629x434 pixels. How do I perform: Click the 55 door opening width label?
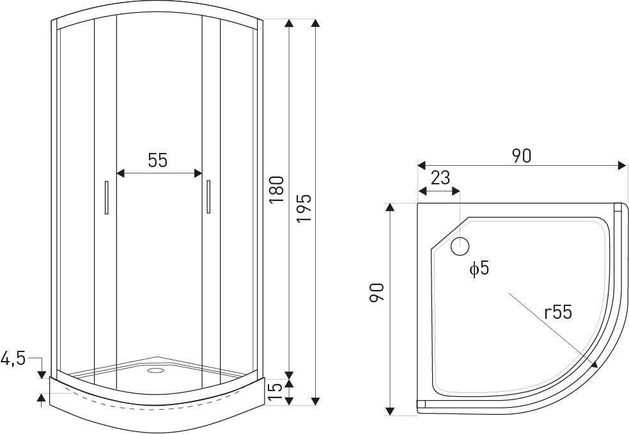[x=157, y=160]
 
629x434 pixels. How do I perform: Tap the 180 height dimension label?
[x=277, y=189]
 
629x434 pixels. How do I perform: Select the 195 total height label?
[x=304, y=208]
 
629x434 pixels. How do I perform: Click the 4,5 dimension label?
[x=13, y=358]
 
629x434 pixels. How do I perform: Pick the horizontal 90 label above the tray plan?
[x=522, y=156]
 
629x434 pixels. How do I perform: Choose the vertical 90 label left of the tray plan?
[x=378, y=293]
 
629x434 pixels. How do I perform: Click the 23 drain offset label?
[x=441, y=177]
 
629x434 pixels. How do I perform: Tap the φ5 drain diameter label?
[x=479, y=268]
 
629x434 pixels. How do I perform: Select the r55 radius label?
[x=557, y=312]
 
